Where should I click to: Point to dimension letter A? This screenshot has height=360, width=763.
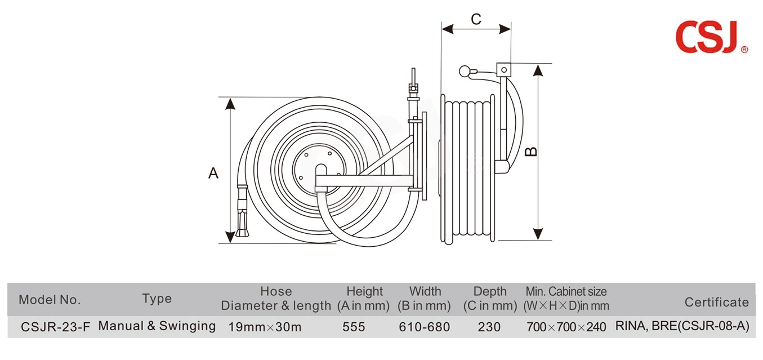213,173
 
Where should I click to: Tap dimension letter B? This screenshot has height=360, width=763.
531,151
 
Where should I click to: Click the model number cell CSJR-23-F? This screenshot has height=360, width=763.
55,327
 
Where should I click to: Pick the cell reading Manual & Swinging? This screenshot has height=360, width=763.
157,326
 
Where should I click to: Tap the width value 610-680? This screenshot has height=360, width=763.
424,327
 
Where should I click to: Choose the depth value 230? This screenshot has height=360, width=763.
489,327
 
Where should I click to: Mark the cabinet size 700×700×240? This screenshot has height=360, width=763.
566,327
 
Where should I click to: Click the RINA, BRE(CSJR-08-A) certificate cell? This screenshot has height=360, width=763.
682,327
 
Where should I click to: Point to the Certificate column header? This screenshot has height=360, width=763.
716,303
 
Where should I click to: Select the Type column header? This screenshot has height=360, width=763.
157,299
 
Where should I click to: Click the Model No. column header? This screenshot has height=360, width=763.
50,300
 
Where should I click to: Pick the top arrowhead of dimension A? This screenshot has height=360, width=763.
230,103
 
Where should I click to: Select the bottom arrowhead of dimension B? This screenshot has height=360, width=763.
538,234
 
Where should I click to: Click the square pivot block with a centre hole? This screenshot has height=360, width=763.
503,70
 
